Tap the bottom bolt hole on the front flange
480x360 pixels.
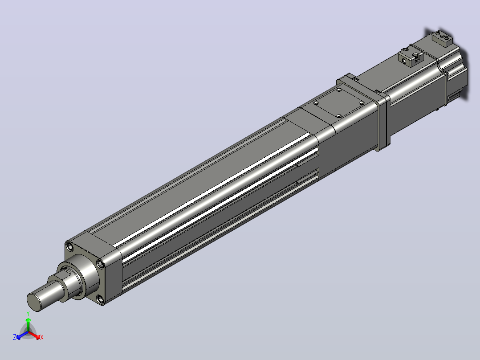[x=99, y=298]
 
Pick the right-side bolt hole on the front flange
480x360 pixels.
[x=99, y=263]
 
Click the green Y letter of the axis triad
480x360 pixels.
[x=28, y=313]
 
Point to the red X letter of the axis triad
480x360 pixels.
[x=42, y=337]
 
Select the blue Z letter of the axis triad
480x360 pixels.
[x=14, y=337]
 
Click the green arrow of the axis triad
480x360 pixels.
[x=28, y=324]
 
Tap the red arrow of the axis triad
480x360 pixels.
[x=34, y=335]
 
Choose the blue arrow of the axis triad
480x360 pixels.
[x=22, y=335]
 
